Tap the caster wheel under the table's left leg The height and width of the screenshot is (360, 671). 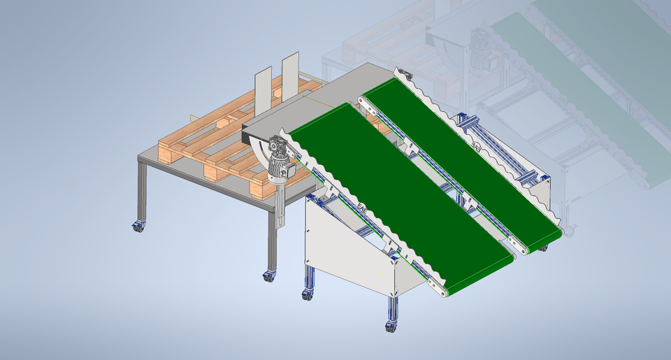point(138,226)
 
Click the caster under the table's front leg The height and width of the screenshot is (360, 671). point(269,276)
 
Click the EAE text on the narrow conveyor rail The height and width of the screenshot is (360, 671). point(476,146)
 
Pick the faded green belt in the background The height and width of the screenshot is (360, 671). point(580,91)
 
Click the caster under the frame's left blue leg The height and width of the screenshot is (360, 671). point(307,294)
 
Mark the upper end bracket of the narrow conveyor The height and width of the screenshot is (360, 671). point(403,74)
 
